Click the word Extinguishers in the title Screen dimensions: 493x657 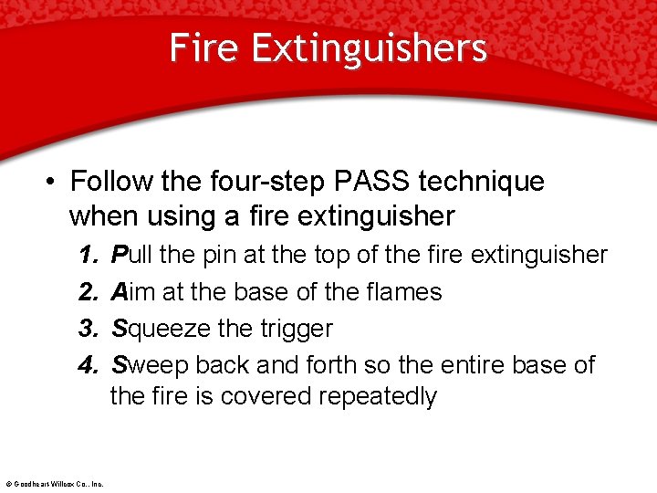(369, 47)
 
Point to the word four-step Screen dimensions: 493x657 (265, 182)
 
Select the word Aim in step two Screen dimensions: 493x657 (130, 292)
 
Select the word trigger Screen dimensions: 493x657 (299, 329)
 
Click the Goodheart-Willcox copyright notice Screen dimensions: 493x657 (54, 484)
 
